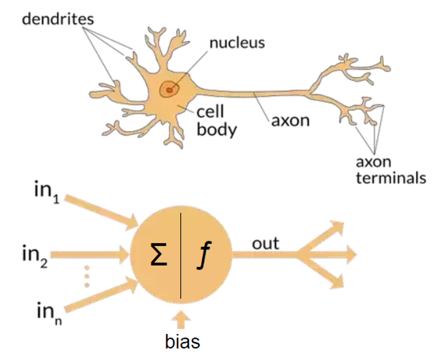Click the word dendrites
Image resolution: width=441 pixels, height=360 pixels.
click(58, 19)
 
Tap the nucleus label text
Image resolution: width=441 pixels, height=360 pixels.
click(237, 43)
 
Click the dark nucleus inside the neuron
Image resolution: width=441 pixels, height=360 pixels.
click(169, 90)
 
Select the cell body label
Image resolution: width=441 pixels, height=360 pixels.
click(217, 121)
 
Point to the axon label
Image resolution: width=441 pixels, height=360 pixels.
click(290, 121)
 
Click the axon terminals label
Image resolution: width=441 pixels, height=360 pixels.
click(391, 170)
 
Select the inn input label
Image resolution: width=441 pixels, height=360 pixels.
click(49, 313)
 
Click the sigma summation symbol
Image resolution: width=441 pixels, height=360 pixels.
click(159, 254)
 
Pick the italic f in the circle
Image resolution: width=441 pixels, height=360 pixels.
click(204, 255)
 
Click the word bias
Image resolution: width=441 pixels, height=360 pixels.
click(182, 341)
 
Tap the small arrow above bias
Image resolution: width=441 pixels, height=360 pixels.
click(181, 320)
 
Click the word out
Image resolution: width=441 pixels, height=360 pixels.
click(265, 244)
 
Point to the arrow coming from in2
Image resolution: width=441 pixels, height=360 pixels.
click(89, 255)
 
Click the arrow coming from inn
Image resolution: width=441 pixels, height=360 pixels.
click(101, 295)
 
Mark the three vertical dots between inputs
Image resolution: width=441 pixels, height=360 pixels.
click(87, 276)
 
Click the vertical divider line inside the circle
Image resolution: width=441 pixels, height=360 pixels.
click(181, 256)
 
